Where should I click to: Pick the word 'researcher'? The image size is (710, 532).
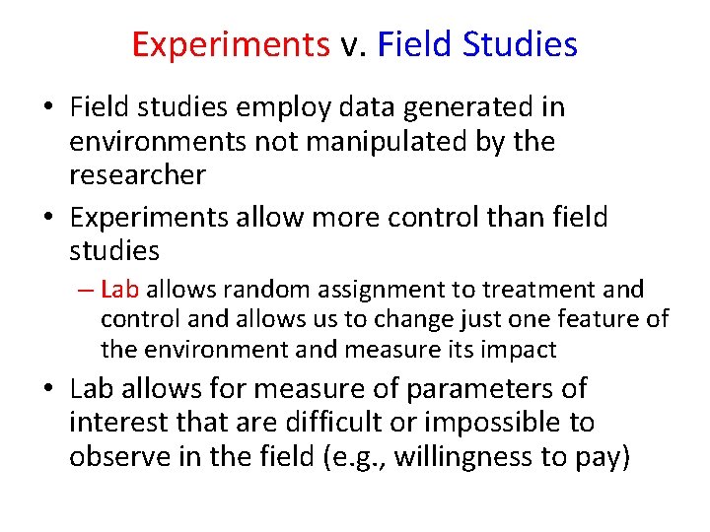pyautogui.click(x=137, y=175)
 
